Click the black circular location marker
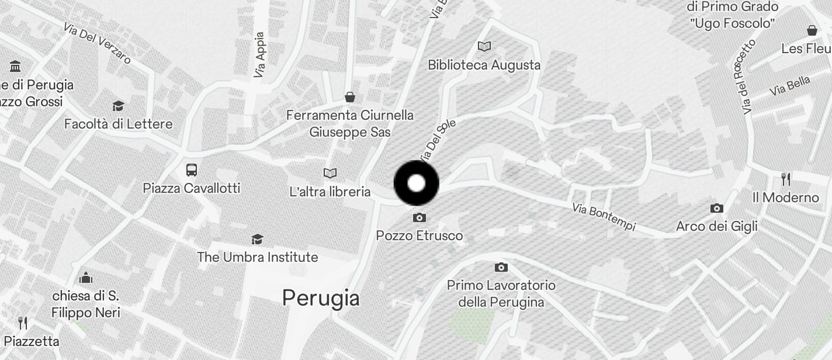pos(416,184)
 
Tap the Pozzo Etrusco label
pos(419,236)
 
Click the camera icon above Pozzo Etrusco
pos(419,218)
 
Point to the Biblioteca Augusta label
pos(484,65)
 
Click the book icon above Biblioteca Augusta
pos(484,46)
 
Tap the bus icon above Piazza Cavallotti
pos(192,170)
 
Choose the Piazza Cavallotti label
pos(192,188)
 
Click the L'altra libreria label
pos(330,192)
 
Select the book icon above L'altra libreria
pos(330,173)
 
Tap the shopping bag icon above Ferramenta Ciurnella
pos(350,97)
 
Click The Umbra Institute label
pos(257,257)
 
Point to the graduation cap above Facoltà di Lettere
pos(119,106)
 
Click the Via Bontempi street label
pos(604,217)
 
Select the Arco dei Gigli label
pos(716,226)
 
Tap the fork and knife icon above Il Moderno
pos(786,179)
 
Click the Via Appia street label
pos(259,55)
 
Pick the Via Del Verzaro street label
pos(97,43)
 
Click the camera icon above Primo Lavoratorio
pos(501,268)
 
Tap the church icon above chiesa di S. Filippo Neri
pos(86,276)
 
